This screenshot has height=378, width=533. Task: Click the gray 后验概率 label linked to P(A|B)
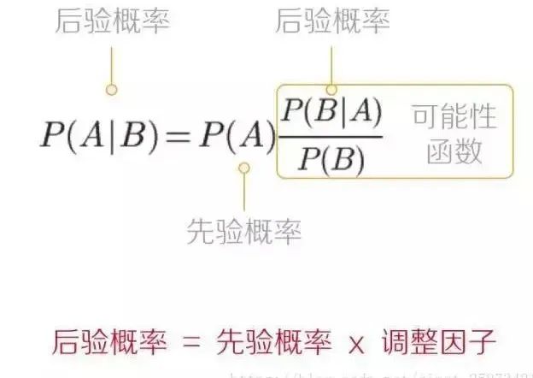112,21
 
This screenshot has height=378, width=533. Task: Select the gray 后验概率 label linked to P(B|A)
332,21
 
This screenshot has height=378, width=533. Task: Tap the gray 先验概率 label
244,229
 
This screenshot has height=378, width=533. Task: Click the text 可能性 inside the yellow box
454,115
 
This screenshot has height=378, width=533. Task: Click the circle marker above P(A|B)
111,89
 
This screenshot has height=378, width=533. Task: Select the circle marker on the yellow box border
331,88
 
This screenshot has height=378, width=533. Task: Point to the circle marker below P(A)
244,168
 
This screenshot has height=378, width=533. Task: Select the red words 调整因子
439,341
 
